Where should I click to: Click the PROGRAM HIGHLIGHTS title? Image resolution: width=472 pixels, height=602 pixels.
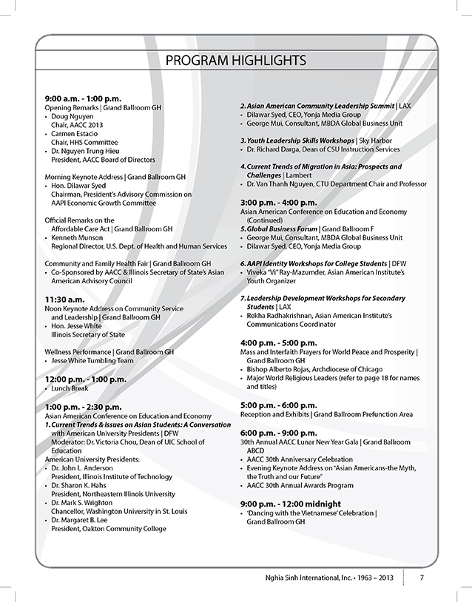(235, 59)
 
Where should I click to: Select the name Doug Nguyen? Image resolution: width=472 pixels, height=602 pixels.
(71, 117)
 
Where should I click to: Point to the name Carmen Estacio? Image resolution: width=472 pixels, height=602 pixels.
(74, 134)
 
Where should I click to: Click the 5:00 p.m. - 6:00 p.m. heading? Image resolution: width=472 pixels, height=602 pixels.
(278, 405)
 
